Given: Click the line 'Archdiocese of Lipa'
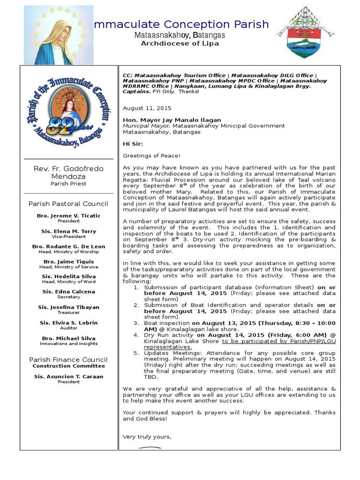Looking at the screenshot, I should [x=180, y=44].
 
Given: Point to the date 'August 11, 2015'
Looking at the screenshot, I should [x=141, y=108].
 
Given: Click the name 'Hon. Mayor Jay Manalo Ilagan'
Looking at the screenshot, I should [x=172, y=120].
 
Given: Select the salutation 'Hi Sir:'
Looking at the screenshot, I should [x=133, y=144].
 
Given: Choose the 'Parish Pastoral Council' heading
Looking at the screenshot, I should [x=68, y=204].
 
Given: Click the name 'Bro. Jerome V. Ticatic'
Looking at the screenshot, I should [x=68, y=216].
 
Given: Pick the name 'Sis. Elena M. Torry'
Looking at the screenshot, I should [x=68, y=231].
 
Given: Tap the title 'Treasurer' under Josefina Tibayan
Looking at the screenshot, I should [x=68, y=313].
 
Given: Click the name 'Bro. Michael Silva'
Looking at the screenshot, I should [x=68, y=338].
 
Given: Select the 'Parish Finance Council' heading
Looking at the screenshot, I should [x=68, y=360].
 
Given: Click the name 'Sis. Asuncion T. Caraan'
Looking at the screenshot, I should [x=68, y=376].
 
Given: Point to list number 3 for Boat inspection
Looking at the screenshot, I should [x=136, y=323].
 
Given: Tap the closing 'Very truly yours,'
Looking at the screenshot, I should [x=147, y=437].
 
